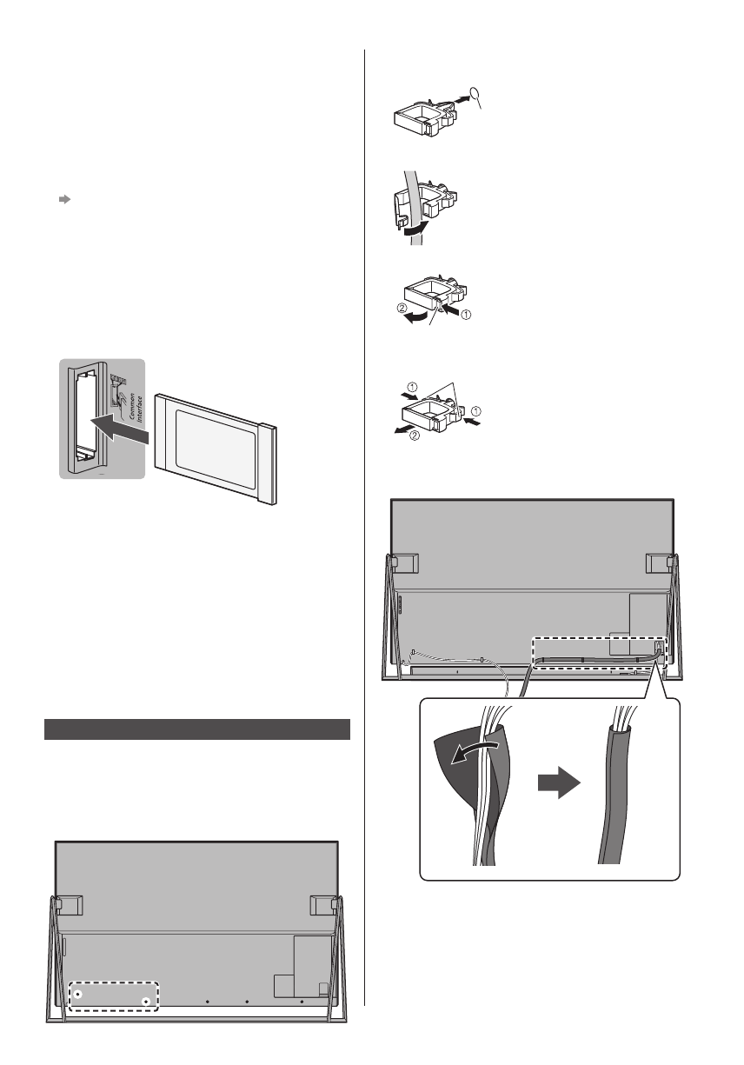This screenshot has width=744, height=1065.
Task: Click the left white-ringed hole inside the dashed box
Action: tap(78, 992)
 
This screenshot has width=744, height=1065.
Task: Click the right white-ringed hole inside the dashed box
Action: tap(147, 1002)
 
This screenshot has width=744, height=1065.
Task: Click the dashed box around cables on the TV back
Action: tap(600, 656)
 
